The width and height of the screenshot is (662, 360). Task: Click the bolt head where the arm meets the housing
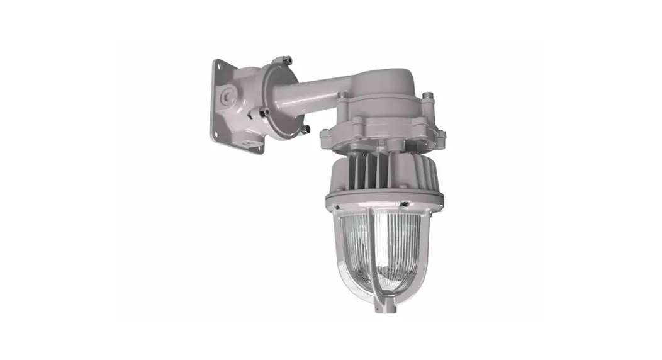point(342,95)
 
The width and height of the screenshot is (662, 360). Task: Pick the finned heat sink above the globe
point(378,173)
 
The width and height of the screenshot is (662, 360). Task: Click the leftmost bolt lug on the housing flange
point(325,134)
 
